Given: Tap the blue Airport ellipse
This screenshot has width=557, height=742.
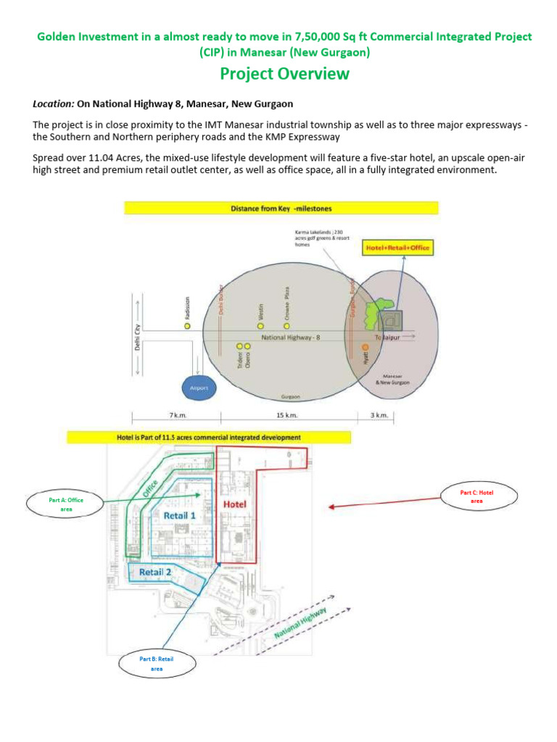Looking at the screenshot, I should click(x=199, y=388).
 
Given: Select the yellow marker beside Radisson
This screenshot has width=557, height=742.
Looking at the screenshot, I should click(x=187, y=326).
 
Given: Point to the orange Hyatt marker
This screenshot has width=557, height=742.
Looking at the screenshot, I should click(x=365, y=349).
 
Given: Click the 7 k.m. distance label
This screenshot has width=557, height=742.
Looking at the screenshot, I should click(x=176, y=416).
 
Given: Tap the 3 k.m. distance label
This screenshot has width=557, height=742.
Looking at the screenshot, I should click(x=379, y=416).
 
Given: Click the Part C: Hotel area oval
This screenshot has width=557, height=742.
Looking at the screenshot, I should click(x=477, y=496).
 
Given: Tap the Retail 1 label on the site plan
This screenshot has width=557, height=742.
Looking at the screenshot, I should click(x=179, y=516).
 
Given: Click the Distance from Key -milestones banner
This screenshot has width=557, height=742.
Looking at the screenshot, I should click(x=281, y=208).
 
